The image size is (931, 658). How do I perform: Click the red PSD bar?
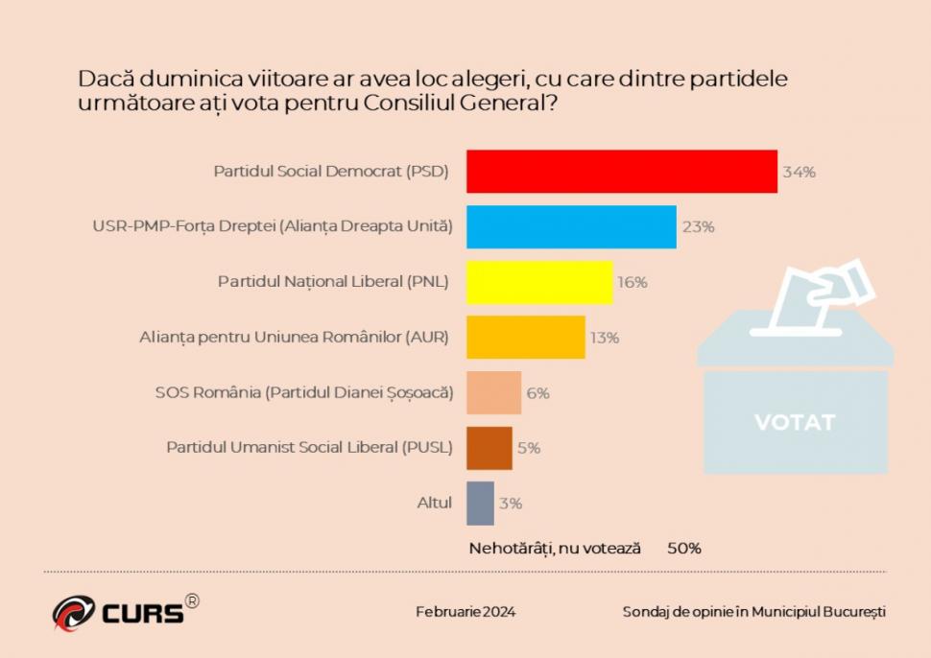coord(621,172)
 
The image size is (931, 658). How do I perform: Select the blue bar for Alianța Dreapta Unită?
coord(571,227)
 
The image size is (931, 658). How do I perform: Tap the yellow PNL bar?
coord(539,282)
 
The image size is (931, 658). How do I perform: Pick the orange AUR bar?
coord(525,338)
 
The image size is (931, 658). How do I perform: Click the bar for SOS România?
coord(493,392)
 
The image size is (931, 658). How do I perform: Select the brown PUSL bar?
coord(489,448)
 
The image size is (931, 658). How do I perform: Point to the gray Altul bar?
coord(480,503)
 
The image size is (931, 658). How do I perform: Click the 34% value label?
coord(799,173)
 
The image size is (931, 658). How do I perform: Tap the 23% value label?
coord(698,227)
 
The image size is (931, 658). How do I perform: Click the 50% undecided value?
coord(684,549)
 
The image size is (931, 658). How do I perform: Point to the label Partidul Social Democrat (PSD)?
coord(332,173)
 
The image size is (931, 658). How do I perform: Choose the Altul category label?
coord(434,503)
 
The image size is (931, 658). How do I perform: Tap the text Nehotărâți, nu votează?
coord(554,549)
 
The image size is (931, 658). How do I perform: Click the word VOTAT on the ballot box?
coord(795,422)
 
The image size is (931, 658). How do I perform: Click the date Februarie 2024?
coord(465,612)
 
